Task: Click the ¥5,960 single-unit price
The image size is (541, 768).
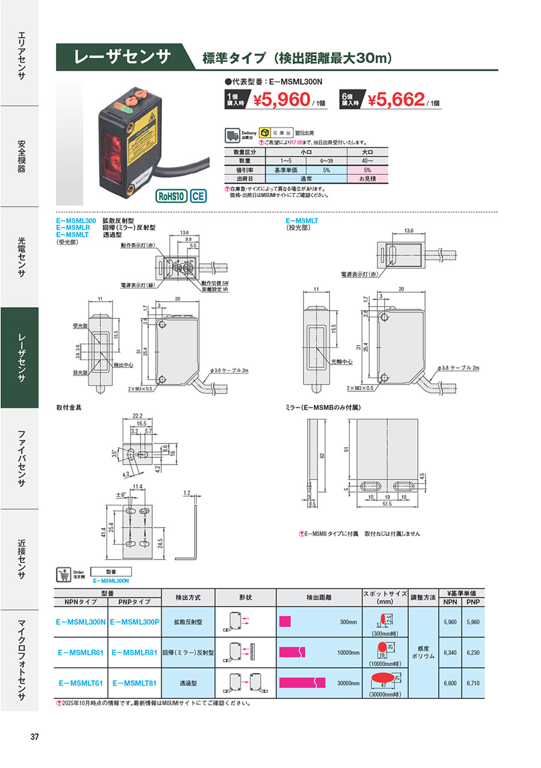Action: point(281,100)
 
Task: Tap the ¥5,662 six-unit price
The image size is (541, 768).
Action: point(396,100)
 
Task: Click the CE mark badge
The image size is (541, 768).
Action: point(199,197)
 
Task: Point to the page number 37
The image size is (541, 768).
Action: point(35,737)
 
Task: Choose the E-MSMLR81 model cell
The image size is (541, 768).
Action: point(135,651)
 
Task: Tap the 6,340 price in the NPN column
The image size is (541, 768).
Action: point(449,651)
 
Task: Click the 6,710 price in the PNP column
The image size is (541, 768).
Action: point(473,683)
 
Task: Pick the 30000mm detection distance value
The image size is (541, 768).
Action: point(348,683)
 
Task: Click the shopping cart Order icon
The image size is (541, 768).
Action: point(63,574)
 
